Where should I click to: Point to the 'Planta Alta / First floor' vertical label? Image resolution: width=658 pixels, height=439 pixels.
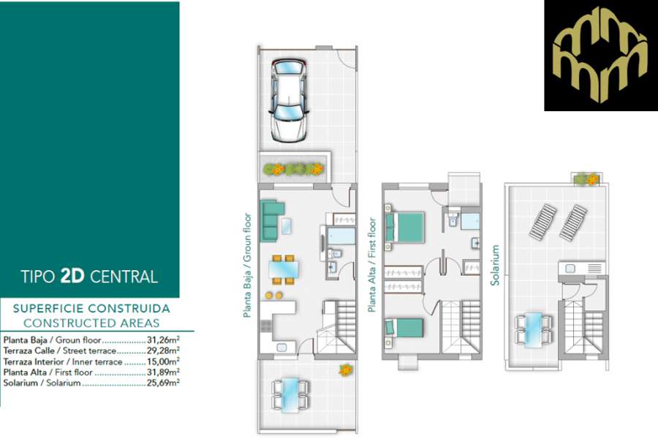point(372,265)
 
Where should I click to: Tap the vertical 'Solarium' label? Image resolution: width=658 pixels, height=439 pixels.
point(496,265)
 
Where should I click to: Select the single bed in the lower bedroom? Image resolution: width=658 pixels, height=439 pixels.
point(401,329)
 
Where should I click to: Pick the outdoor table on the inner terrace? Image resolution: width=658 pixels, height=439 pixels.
point(290,394)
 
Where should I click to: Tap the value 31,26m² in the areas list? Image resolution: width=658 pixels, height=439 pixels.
point(163,340)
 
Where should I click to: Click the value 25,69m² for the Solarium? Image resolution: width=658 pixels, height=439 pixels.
point(163,382)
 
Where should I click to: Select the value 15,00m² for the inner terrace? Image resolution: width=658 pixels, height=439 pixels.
point(163,361)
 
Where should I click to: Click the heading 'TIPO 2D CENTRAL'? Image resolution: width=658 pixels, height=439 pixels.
point(89,277)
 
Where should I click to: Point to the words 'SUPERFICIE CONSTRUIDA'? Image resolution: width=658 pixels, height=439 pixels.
point(91,309)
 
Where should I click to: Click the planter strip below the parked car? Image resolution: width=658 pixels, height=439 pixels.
point(293,169)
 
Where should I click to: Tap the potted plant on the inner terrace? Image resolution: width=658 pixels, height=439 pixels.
point(344,370)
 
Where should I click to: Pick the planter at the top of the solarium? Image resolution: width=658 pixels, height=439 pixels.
point(586,178)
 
